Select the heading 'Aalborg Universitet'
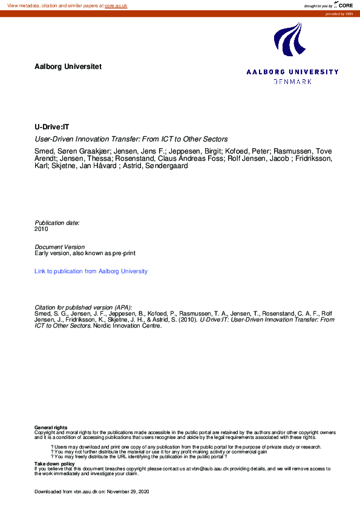[68, 66]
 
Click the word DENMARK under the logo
[293, 81]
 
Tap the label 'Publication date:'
[57, 223]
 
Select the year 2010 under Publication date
[41, 229]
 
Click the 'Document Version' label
[60, 247]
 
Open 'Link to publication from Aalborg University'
[91, 271]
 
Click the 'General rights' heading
[51, 427]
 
